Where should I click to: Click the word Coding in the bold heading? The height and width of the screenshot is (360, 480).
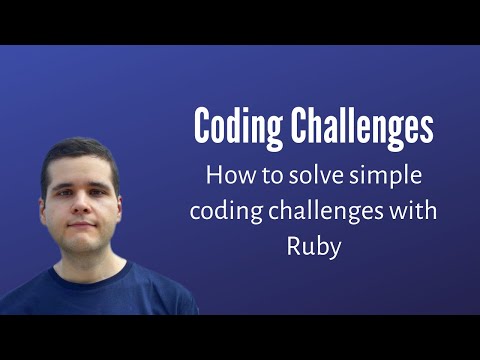[x=237, y=129]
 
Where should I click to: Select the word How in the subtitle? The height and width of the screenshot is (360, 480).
[x=226, y=175]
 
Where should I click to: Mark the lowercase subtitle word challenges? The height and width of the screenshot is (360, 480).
[x=337, y=212]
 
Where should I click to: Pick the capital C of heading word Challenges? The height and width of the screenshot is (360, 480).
[x=297, y=129]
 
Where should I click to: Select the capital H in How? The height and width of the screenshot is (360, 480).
[x=213, y=175]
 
